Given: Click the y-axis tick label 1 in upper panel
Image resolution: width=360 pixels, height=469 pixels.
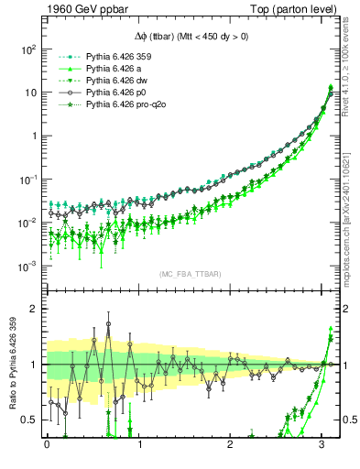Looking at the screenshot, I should click(33, 136).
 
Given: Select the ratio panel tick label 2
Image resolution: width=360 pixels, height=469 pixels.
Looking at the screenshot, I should click(35, 309).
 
